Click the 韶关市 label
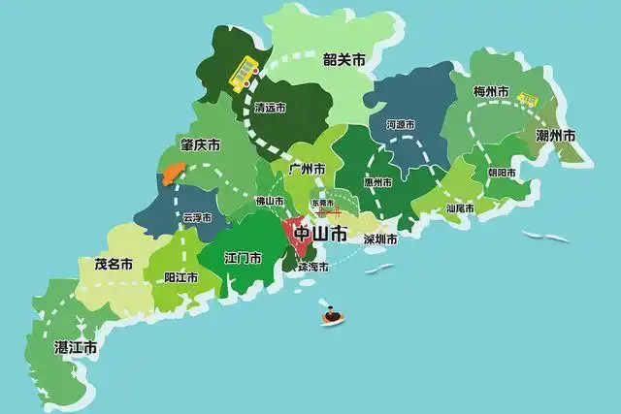coord(344,60)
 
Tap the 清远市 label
coord(269,110)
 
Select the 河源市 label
coord(400,124)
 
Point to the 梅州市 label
coord(491,92)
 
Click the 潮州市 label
coord(556,136)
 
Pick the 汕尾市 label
coord(459,207)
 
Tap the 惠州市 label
coord(378,181)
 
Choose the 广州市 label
coord(307,168)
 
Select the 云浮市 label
coord(196,218)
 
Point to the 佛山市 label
coord(270,201)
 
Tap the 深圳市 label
coord(380,239)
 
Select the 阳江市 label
coord(180,277)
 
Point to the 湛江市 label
coord(76,346)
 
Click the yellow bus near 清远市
coord(244,71)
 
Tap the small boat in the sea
coord(332,315)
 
